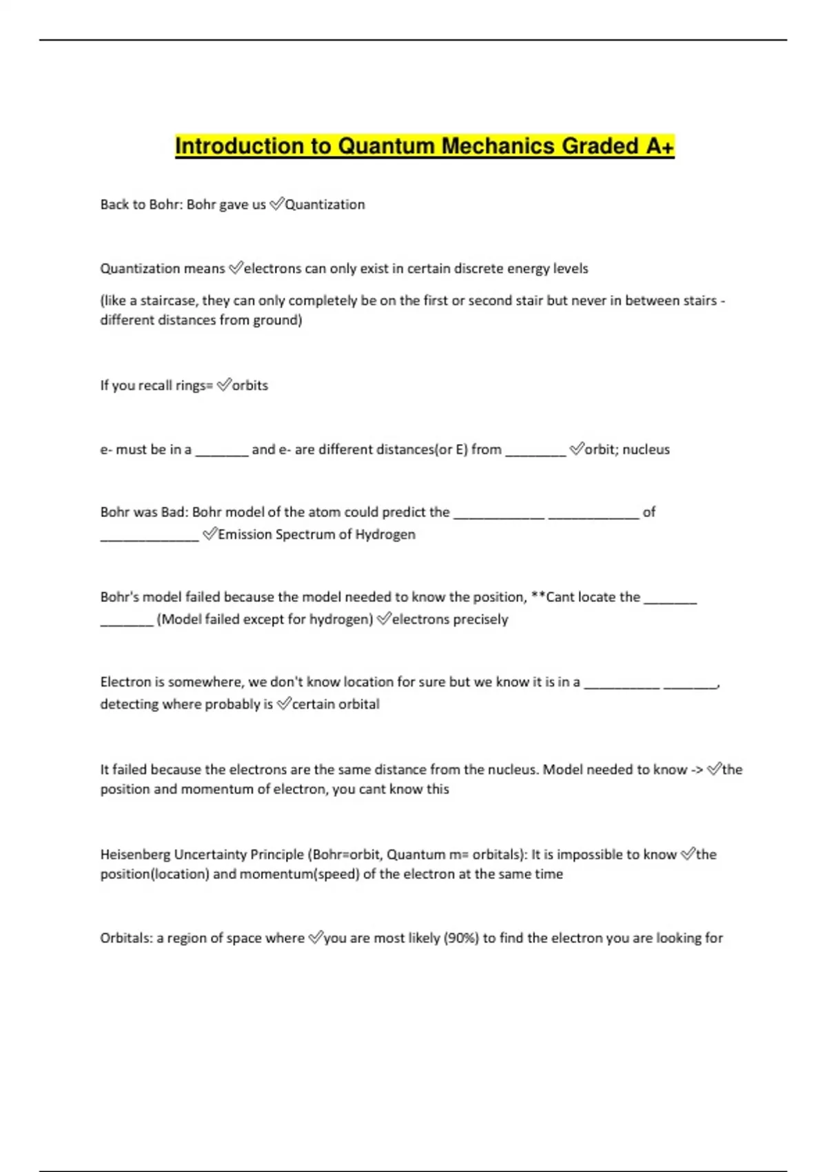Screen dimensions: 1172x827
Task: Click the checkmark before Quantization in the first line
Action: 276,204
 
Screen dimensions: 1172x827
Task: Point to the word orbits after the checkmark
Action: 249,385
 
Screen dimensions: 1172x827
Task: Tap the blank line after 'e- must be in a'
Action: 221,452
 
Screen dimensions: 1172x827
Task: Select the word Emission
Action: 244,534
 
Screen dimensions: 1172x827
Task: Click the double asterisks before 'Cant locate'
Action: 537,597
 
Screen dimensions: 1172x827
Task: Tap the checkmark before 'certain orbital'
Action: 283,704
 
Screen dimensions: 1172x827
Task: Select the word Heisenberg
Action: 134,855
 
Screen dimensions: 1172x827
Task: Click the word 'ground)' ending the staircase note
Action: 279,320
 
